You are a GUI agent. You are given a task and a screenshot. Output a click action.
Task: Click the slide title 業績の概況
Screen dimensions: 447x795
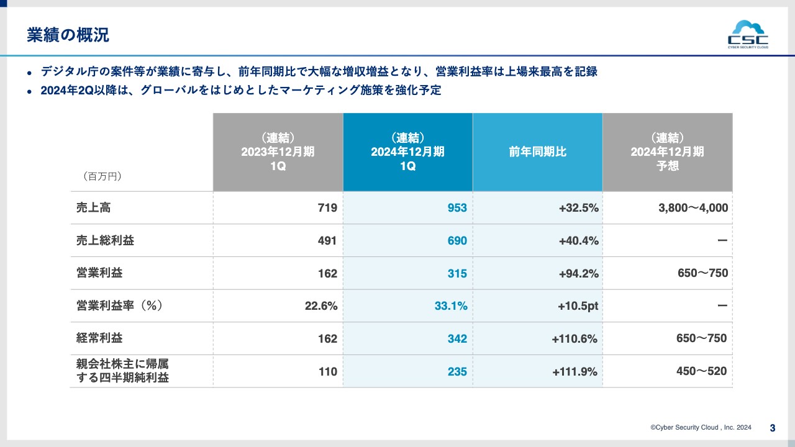pyautogui.click(x=68, y=35)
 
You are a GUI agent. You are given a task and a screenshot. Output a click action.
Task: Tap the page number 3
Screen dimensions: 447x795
pyautogui.click(x=773, y=428)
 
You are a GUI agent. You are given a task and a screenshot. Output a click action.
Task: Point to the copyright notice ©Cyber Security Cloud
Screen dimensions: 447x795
pyautogui.click(x=701, y=428)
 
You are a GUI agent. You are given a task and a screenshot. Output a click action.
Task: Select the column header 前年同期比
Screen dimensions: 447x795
pyautogui.click(x=537, y=152)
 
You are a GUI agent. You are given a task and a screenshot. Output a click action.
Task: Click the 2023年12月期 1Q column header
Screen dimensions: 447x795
pyautogui.click(x=278, y=152)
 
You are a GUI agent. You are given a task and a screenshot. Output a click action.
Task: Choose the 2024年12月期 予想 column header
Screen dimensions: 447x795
pyautogui.click(x=667, y=152)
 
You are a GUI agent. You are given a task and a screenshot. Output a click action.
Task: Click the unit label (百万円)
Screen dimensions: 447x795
pyautogui.click(x=102, y=176)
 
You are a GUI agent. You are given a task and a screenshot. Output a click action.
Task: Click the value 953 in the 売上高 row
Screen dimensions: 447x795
pyautogui.click(x=457, y=208)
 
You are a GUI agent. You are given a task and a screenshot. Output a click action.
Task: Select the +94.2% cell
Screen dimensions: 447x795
pyautogui.click(x=578, y=274)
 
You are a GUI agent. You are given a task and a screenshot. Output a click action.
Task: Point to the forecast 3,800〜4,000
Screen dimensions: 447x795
pyautogui.click(x=693, y=208)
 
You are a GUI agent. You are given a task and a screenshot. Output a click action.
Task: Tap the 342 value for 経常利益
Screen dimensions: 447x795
pyautogui.click(x=457, y=339)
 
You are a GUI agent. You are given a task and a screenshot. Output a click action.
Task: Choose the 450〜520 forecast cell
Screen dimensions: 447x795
pyautogui.click(x=701, y=371)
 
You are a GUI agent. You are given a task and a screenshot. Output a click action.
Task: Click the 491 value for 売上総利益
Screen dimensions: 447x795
pyautogui.click(x=327, y=241)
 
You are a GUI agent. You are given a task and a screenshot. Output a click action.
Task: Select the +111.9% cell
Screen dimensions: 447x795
pyautogui.click(x=575, y=372)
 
